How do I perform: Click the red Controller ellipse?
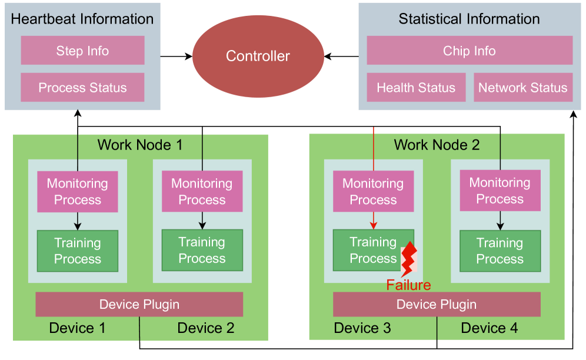(258, 56)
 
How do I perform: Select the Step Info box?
(82, 51)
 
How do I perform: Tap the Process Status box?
(82, 88)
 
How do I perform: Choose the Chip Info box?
(469, 51)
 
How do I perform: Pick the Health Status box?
(416, 88)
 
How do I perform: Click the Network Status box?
(522, 88)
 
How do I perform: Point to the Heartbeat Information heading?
(82, 18)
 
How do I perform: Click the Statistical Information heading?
(469, 18)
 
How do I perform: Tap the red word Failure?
(408, 285)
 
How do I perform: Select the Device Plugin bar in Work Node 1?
(139, 304)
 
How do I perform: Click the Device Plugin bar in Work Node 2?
(437, 304)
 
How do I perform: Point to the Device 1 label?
(77, 328)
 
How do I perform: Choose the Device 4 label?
(490, 328)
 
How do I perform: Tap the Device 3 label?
(362, 328)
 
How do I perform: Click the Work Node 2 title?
(437, 145)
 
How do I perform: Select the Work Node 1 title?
(140, 145)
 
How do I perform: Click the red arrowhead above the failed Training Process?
(374, 226)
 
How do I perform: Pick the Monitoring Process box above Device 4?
(500, 191)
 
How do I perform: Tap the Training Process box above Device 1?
(78, 251)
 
